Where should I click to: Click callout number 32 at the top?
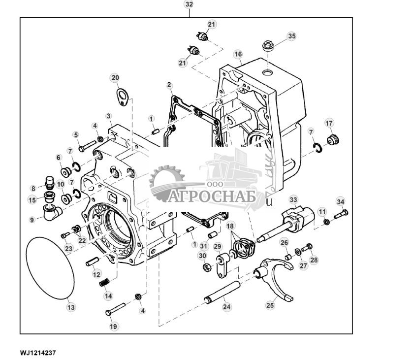point(189,4)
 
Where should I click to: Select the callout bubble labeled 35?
point(292,36)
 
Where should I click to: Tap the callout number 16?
point(238,54)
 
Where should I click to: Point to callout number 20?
point(115,78)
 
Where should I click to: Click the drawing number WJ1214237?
point(38,353)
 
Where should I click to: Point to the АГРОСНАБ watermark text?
point(212,197)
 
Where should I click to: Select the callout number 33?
point(293,199)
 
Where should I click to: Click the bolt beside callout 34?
point(341,214)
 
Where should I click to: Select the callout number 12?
point(96,274)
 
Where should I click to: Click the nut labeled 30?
point(207,267)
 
